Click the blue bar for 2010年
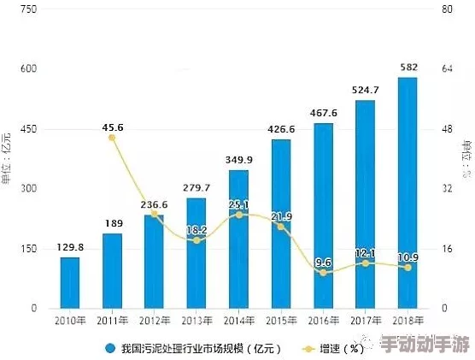pyautogui.click(x=70, y=282)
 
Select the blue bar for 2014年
pyautogui.click(x=238, y=239)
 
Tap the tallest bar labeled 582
pyautogui.click(x=408, y=192)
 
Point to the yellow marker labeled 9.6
pyautogui.click(x=323, y=272)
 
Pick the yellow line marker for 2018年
pyautogui.click(x=408, y=268)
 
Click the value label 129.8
pyautogui.click(x=70, y=246)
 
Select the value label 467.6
pyautogui.click(x=323, y=113)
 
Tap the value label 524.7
pyautogui.click(x=366, y=90)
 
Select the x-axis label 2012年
pyautogui.click(x=155, y=320)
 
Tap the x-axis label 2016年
pyautogui.click(x=323, y=320)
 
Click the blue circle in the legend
pyautogui.click(x=110, y=348)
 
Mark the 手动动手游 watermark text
pyautogui.click(x=425, y=346)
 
